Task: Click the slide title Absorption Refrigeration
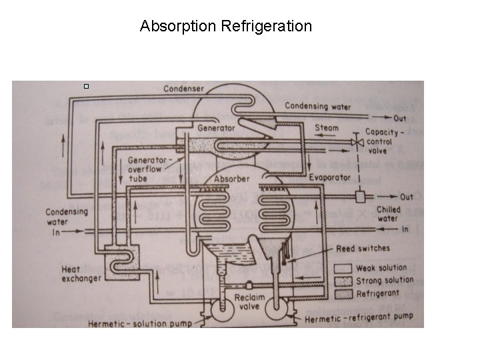point(226,27)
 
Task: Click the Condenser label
point(184,89)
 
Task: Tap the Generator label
point(216,128)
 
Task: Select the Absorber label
point(232,179)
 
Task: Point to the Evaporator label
point(330,177)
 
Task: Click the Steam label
point(327,128)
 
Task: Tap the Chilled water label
point(389,213)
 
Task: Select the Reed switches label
point(363,248)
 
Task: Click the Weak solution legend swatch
point(344,269)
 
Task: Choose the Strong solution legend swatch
point(344,281)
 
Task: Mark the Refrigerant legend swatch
point(344,293)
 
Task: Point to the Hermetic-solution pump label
point(140,323)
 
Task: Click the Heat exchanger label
point(81,273)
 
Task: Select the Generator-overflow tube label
point(147,169)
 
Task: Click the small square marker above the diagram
point(86,86)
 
